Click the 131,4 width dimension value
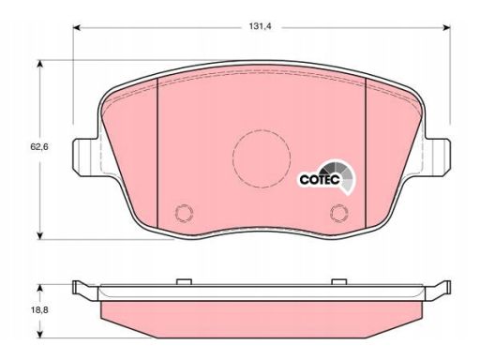pos(260,26)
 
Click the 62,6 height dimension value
pos(39,146)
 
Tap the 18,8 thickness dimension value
pos(39,310)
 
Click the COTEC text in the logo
pos(320,180)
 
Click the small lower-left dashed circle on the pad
pos(184,213)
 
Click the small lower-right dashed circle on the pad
pos(339,213)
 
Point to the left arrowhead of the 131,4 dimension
pos(77,27)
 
